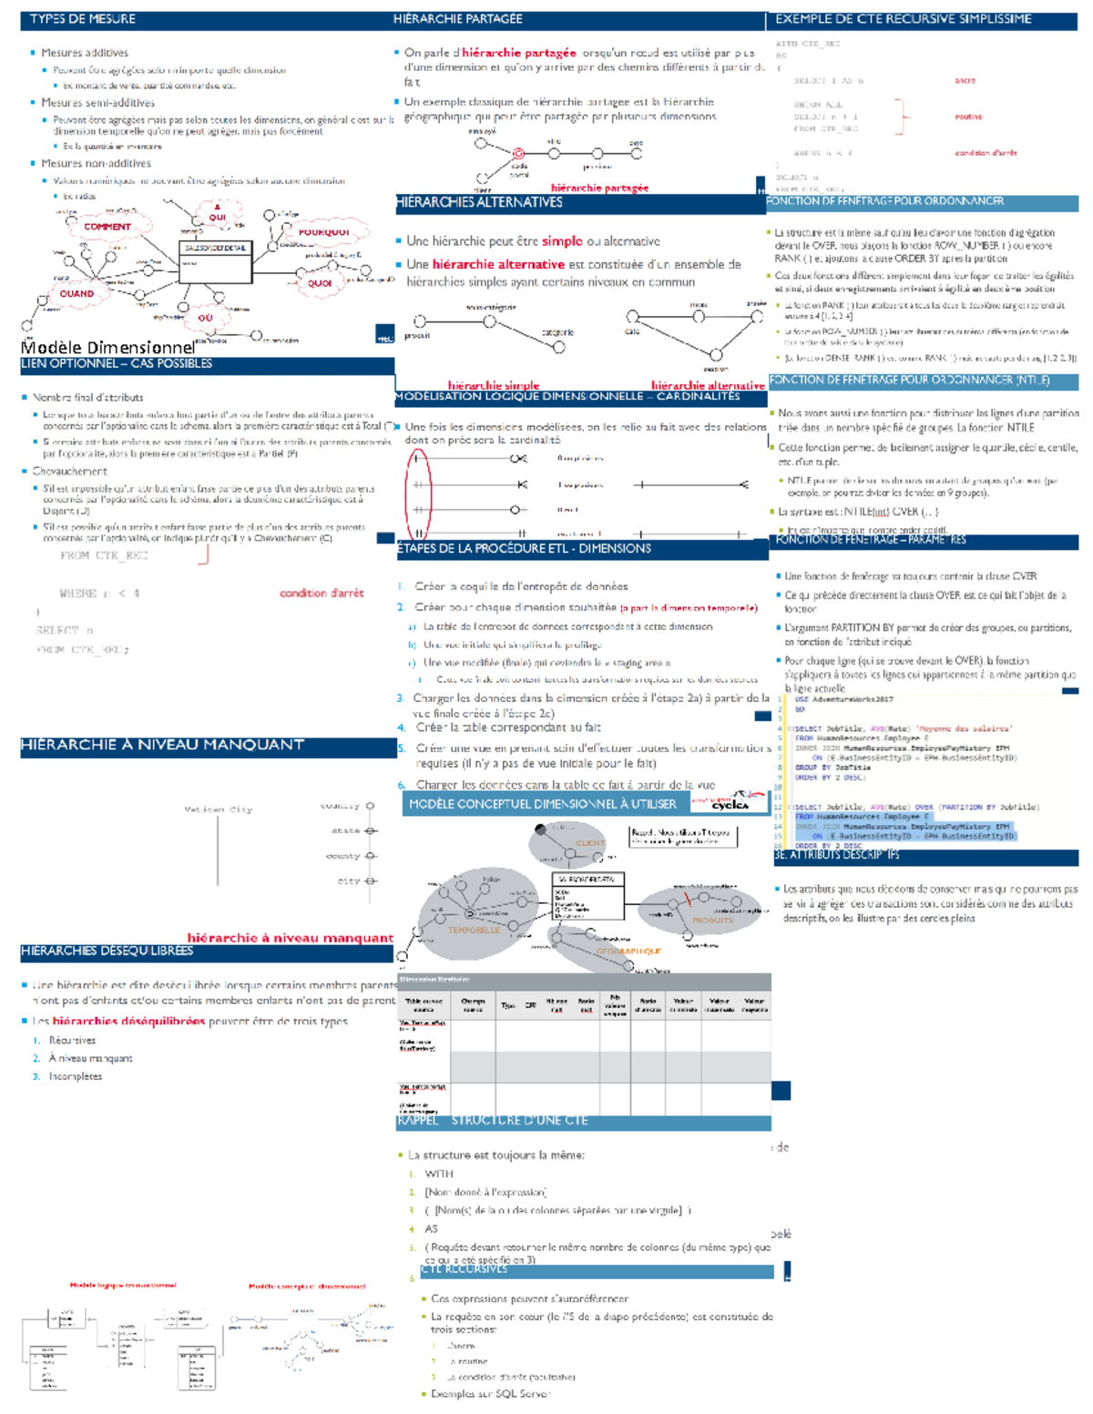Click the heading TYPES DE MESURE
[x=83, y=19]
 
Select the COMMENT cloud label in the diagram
[x=107, y=227]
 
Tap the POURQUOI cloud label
[x=323, y=233]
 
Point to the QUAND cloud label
[x=77, y=294]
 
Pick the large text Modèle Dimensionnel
[x=107, y=347]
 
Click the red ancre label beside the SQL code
[x=965, y=80]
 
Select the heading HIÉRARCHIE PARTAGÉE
[x=457, y=19]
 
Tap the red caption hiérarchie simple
[x=493, y=385]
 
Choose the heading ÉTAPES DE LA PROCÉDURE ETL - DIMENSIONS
[x=524, y=549]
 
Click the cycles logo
[x=729, y=803]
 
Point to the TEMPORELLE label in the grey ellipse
[x=474, y=930]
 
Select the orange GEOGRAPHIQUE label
[x=628, y=951]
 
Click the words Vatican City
[x=219, y=809]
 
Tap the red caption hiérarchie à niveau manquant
[x=290, y=938]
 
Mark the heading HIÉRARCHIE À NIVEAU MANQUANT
[x=162, y=745]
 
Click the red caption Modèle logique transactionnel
[x=123, y=1286]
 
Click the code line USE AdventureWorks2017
[x=844, y=700]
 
